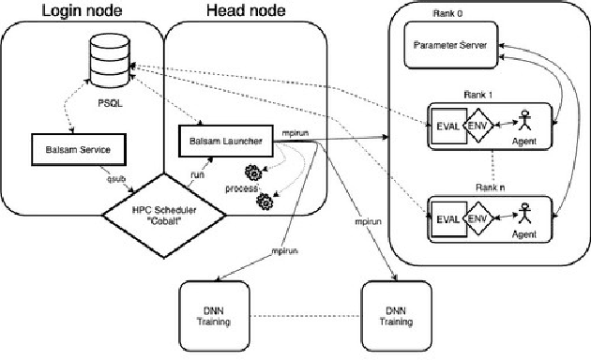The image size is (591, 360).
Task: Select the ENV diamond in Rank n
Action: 478,219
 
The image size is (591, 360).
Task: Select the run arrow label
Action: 198,173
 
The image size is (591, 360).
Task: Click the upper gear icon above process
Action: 253,172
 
